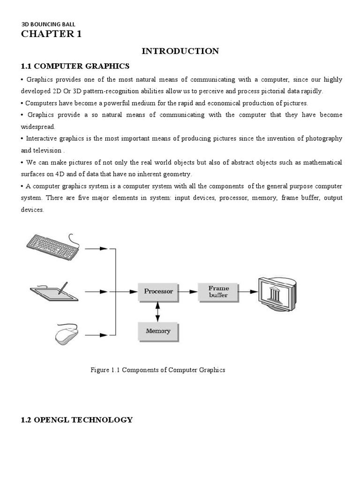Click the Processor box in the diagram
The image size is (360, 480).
pos(158,291)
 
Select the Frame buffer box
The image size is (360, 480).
pos(218,291)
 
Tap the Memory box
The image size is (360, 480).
pos(158,331)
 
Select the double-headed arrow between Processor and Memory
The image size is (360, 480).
pos(158,311)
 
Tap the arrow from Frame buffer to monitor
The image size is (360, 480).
pos(248,291)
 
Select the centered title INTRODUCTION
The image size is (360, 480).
pos(180,51)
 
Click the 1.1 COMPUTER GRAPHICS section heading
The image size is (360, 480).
pos(75,65)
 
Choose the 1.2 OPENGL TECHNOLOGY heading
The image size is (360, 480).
pos(77,420)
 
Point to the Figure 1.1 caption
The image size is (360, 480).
pos(157,370)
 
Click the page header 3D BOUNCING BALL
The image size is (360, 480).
pos(48,24)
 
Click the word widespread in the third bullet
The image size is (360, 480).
pos(38,127)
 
